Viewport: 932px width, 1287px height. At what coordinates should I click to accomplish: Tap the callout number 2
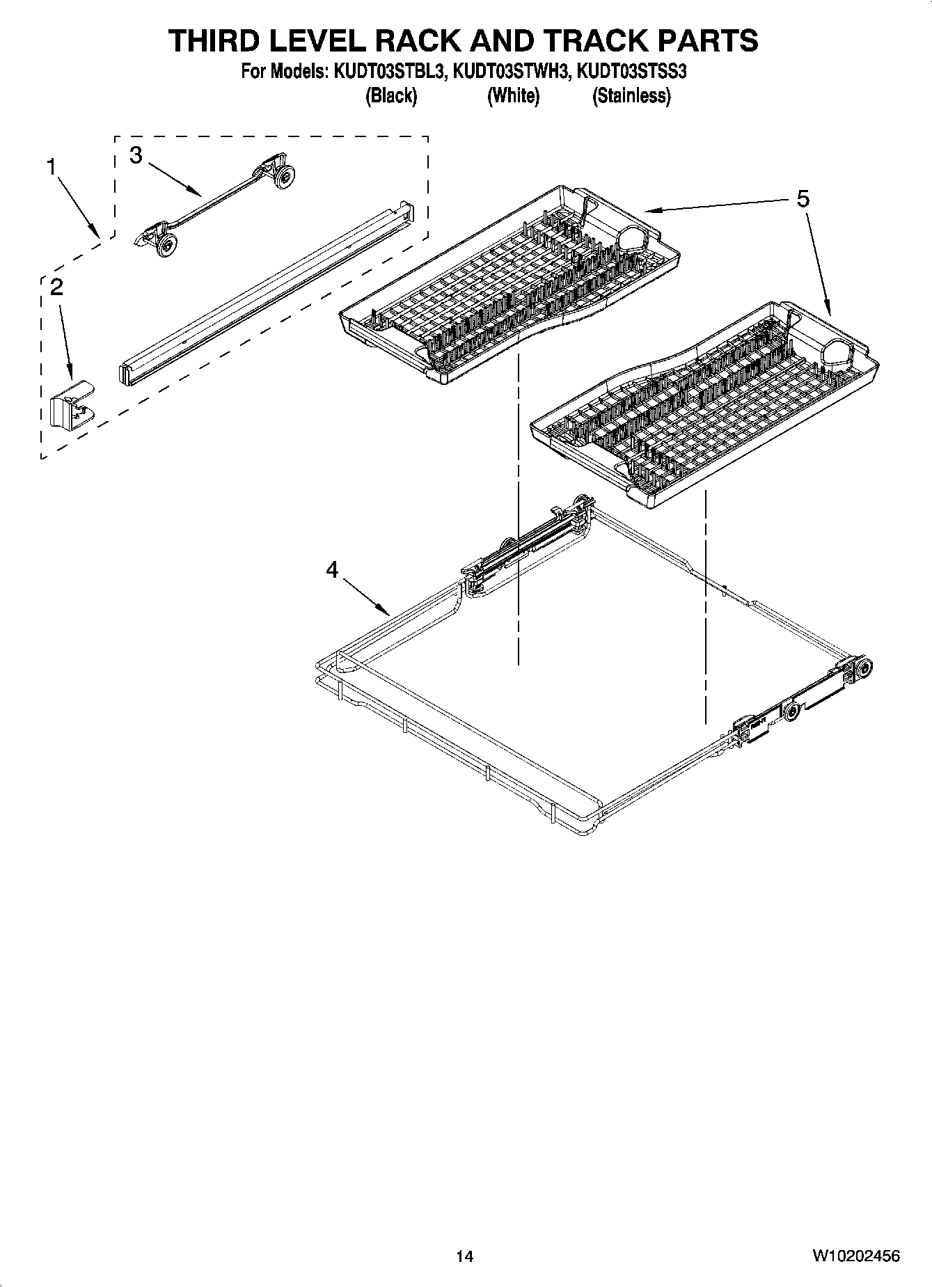coord(56,287)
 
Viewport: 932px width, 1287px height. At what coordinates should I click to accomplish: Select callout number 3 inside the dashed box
coord(136,156)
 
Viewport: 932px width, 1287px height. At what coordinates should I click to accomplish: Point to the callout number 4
coord(332,570)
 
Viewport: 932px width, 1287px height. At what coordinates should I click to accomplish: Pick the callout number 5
coord(803,200)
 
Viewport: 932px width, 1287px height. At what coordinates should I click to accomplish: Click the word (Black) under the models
coord(391,96)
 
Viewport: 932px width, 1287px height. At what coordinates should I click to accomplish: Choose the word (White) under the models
coord(513,96)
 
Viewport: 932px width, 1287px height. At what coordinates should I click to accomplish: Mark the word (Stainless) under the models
coord(631,96)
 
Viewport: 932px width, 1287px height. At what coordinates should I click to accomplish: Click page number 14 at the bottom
coord(465,1256)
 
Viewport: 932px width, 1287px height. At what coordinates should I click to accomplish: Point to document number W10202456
coord(855,1256)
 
